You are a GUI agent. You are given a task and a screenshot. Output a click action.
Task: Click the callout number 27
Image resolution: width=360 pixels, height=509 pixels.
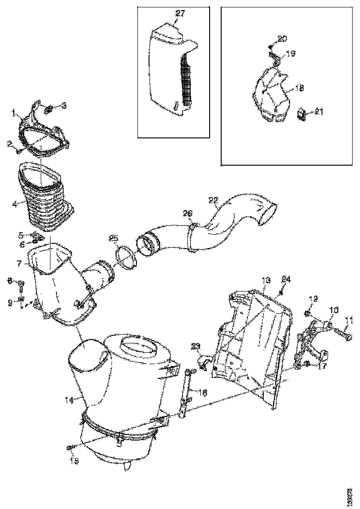pos(180,13)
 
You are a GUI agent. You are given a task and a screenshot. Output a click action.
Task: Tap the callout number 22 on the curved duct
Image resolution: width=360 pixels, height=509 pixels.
pos(213,200)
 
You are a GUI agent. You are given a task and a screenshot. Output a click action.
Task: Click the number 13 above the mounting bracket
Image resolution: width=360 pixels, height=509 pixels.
pos(266,280)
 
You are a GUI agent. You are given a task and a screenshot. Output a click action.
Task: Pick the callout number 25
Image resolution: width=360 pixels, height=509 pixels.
pos(114,238)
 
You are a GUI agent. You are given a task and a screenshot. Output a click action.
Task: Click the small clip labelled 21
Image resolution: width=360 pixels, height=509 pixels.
pos(301,114)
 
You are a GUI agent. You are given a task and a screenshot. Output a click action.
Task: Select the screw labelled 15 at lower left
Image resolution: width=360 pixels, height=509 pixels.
pos(70,447)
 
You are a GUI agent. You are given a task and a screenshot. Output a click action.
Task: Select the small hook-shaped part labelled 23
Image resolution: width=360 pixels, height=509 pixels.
pos(204,361)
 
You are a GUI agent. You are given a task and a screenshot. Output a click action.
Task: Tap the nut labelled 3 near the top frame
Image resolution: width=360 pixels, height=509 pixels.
pos(48,110)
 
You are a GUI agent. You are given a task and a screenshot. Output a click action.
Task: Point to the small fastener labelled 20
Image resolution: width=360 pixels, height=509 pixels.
pos(271,46)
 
